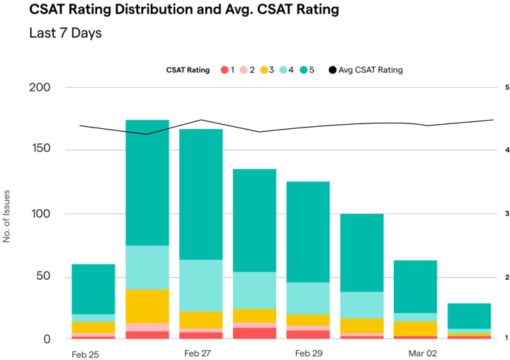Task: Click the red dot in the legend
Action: tap(224, 70)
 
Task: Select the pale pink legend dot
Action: tap(244, 70)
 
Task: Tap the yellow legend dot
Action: tap(264, 70)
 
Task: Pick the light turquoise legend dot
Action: tap(284, 70)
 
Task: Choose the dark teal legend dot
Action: tap(303, 70)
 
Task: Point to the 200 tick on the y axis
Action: tap(41, 87)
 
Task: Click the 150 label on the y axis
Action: tap(41, 150)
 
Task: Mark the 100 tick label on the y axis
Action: tap(41, 214)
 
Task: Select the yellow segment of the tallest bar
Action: tap(147, 306)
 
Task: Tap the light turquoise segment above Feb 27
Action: tap(201, 286)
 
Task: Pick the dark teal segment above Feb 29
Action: tap(308, 232)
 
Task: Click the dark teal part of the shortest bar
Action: tap(469, 315)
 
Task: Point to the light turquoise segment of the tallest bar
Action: tap(147, 268)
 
